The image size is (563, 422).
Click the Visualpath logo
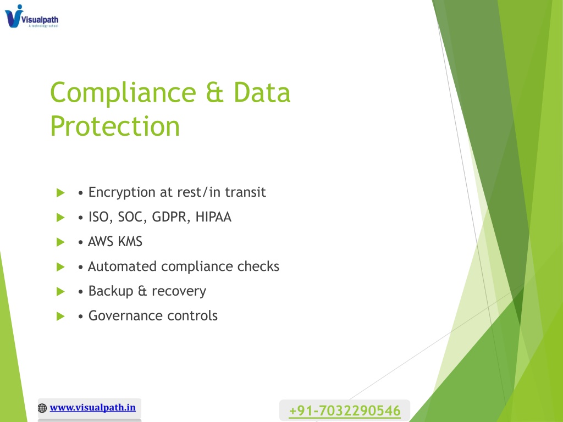point(31,16)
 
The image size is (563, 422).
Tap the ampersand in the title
point(215,92)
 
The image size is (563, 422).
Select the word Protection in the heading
point(115,126)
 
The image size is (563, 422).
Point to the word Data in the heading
point(262,92)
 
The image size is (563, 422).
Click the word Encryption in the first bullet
point(122,193)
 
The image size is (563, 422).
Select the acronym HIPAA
point(213,216)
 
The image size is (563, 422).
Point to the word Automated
point(122,266)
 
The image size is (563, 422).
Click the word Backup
point(111,291)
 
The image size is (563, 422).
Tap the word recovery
point(179,292)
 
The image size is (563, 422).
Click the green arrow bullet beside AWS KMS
point(60,242)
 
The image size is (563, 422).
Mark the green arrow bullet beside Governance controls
point(60,316)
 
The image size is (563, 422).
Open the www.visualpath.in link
point(92,408)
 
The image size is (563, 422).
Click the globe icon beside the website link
point(42,408)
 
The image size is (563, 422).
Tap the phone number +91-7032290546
point(344,410)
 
